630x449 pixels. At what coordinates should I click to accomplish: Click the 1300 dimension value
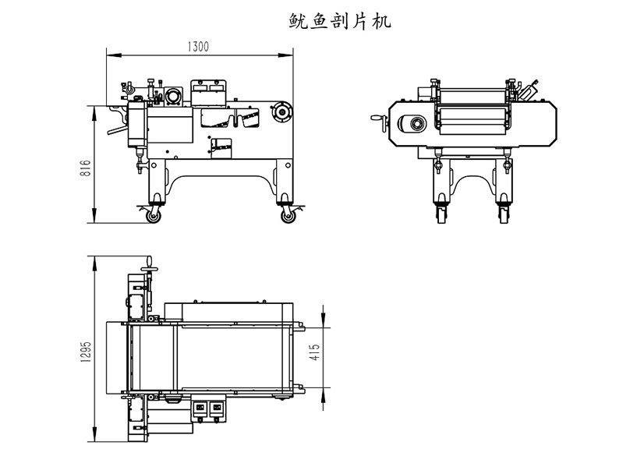198,47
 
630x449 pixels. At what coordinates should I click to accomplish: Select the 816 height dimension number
87,169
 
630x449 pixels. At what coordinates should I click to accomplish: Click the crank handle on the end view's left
380,124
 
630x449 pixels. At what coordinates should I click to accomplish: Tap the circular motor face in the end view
412,124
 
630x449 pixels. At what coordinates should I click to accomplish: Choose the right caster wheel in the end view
503,212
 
